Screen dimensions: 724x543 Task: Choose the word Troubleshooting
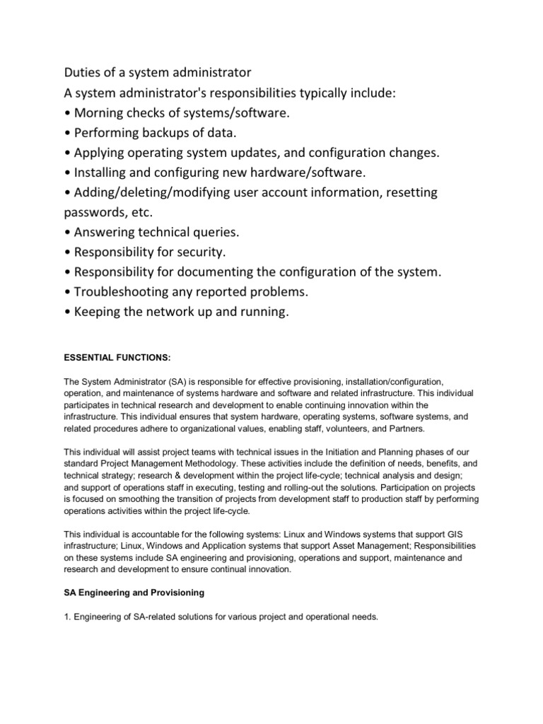(x=124, y=291)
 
